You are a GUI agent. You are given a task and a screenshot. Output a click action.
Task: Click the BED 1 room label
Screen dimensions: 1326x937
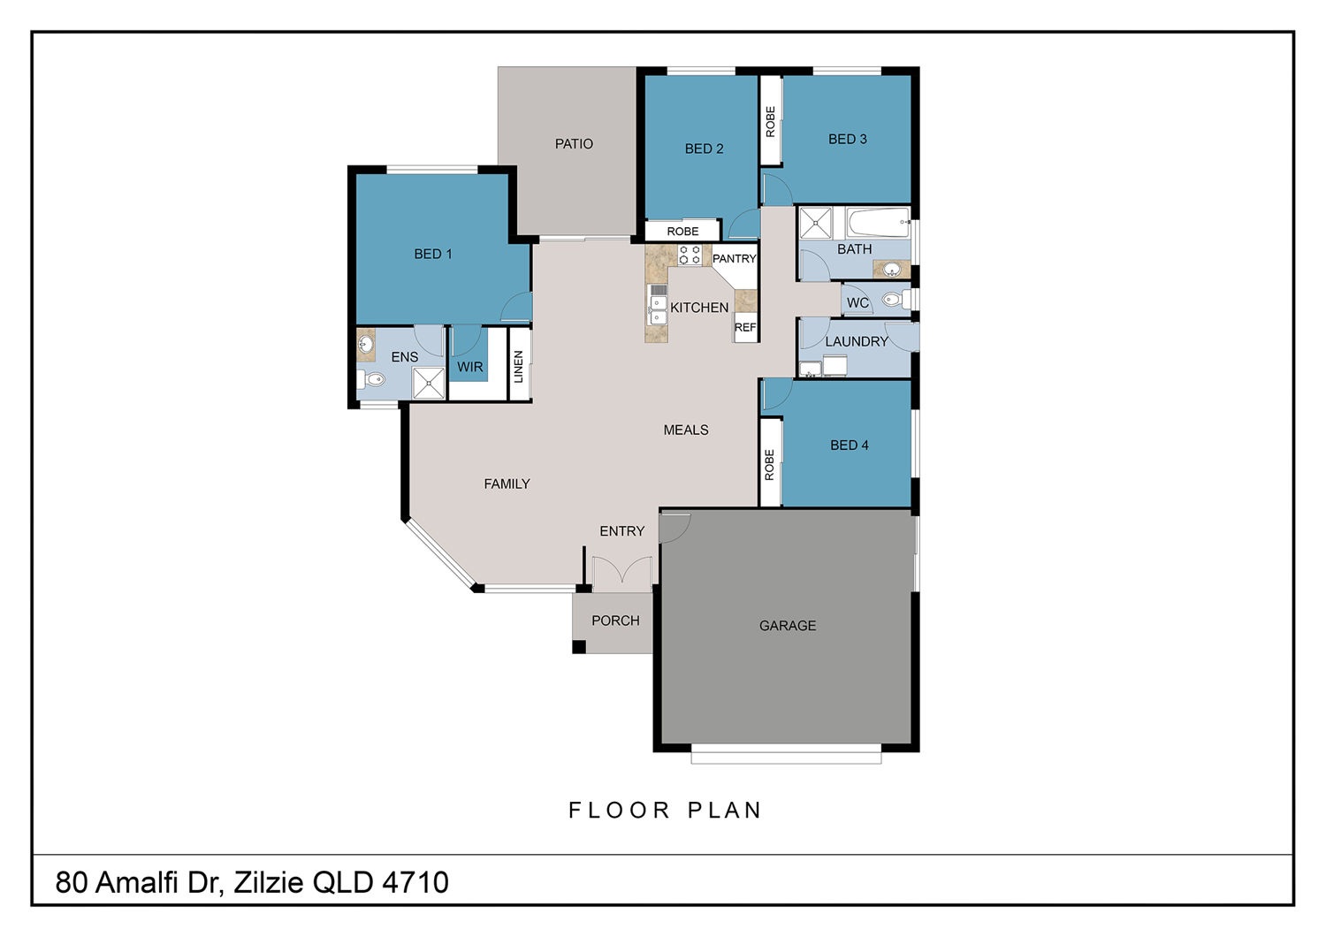tap(433, 254)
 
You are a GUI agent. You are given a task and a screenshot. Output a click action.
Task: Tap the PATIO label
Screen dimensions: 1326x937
tap(574, 144)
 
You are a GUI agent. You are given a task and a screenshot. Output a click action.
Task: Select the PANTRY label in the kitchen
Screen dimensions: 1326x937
tap(734, 259)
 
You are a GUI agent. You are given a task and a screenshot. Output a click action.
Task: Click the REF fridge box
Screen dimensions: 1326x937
tap(745, 327)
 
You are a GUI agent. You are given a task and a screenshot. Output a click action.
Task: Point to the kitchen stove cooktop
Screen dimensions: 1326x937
tap(690, 255)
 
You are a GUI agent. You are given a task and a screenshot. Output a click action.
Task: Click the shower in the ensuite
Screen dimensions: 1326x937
tap(428, 383)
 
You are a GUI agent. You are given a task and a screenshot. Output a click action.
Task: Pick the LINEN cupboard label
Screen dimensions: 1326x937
tap(519, 366)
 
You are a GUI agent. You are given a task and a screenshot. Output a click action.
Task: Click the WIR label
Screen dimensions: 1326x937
tap(470, 367)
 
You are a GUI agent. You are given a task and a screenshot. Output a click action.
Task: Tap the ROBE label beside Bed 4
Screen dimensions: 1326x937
tap(770, 465)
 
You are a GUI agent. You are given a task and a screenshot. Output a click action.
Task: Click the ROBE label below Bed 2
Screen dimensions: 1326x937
tap(682, 232)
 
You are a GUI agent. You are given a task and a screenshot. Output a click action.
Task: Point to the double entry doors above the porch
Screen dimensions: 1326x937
tap(622, 573)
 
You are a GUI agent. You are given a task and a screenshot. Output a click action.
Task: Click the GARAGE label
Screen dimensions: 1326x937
tap(788, 626)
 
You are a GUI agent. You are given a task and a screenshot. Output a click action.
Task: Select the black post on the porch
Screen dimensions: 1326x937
tap(579, 647)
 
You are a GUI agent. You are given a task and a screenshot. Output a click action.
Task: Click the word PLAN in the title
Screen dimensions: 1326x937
tap(725, 811)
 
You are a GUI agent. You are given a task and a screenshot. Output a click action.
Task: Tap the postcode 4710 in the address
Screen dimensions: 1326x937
tap(415, 882)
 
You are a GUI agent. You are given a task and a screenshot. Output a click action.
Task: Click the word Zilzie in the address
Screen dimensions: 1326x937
tap(269, 882)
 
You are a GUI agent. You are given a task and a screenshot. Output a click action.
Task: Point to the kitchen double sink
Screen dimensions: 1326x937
tap(658, 311)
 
